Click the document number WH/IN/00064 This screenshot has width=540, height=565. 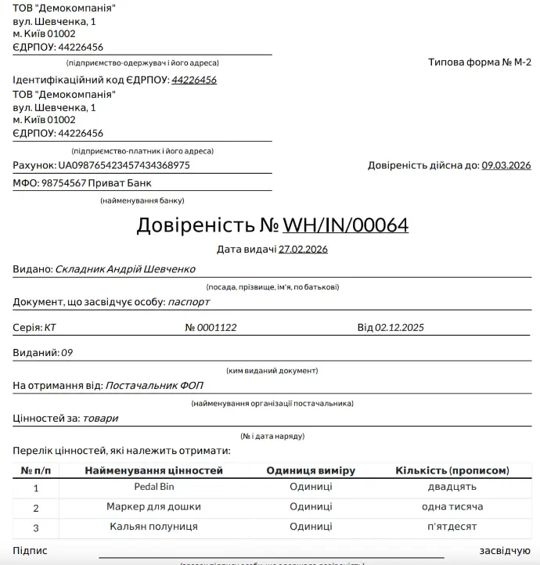click(x=345, y=225)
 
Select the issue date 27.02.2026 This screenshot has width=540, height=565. click(x=303, y=250)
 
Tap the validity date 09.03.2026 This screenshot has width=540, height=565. click(x=506, y=165)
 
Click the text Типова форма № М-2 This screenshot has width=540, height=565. click(x=479, y=63)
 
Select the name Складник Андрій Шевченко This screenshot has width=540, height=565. click(x=125, y=268)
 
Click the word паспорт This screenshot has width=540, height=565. click(x=189, y=301)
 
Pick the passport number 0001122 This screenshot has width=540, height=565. click(x=216, y=327)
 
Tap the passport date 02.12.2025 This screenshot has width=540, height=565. click(x=399, y=327)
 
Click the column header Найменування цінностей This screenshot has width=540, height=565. click(x=154, y=470)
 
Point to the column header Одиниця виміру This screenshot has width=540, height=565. click(x=311, y=470)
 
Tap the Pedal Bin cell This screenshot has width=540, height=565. click(x=154, y=487)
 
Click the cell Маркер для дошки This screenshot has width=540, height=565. click(x=154, y=507)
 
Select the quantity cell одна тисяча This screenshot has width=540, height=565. click(x=452, y=507)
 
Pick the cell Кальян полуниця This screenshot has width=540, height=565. click(x=154, y=527)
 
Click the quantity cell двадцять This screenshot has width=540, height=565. click(x=452, y=487)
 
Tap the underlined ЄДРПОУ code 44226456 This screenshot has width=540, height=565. click(x=194, y=80)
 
